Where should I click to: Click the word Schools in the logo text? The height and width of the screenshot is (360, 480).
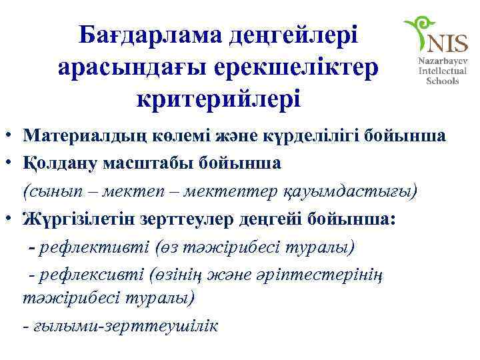tap(442, 81)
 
